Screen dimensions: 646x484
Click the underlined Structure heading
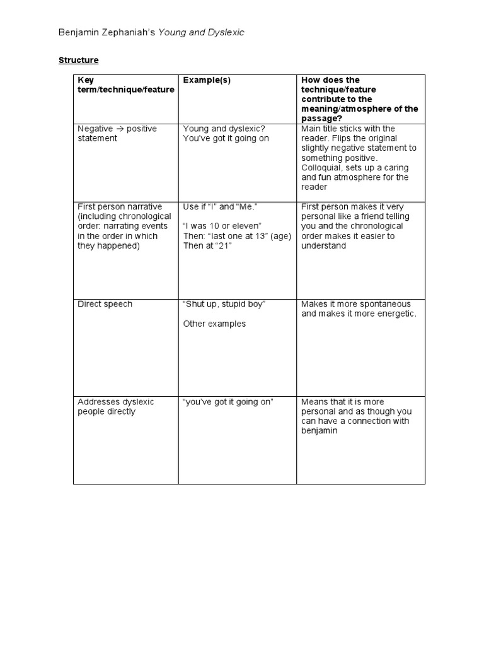click(79, 61)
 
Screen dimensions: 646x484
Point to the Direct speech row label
click(105, 304)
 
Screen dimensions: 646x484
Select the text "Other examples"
click(214, 324)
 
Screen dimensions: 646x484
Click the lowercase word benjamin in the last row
click(320, 431)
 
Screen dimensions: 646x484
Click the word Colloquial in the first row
click(322, 168)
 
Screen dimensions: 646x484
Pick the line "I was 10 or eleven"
click(221, 226)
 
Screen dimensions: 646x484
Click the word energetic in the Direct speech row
click(394, 314)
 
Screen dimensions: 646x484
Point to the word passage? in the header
click(323, 119)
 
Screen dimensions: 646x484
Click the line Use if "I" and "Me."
click(221, 206)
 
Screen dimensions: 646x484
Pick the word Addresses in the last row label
click(96, 402)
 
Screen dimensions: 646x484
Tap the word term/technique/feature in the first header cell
click(125, 90)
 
